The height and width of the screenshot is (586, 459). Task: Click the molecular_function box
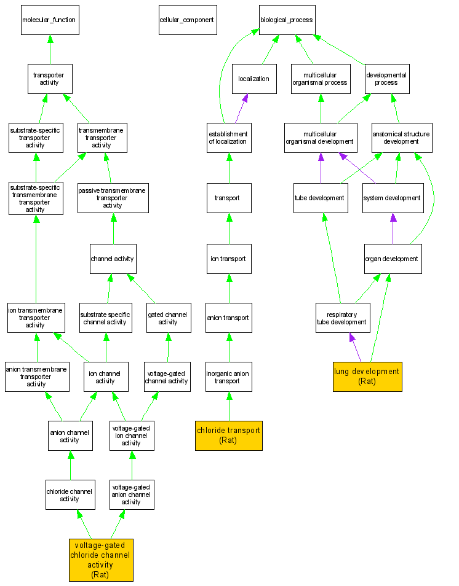pos(49,20)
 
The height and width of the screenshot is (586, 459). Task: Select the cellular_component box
pos(186,20)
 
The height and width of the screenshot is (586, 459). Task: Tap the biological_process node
pos(286,20)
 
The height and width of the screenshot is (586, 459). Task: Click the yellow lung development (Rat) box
pos(367,376)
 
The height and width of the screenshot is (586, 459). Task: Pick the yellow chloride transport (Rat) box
pos(229,435)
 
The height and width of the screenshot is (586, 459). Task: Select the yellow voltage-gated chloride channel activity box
pos(100,560)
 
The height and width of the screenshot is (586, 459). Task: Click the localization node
pos(254,79)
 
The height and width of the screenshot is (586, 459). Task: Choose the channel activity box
pos(113,258)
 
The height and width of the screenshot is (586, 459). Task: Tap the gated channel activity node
pos(168,318)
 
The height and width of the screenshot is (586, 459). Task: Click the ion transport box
pos(228,259)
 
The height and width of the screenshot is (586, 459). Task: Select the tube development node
pos(319,198)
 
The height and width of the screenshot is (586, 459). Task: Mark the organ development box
pos(392,259)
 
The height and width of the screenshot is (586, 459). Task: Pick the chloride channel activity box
pos(70,494)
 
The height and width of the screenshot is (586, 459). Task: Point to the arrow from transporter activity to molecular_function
pos(50,49)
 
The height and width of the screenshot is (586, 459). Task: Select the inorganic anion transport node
pos(228,377)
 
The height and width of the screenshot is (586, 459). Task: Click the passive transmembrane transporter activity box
pos(113,198)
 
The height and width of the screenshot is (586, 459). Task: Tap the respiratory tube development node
pos(342,318)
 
